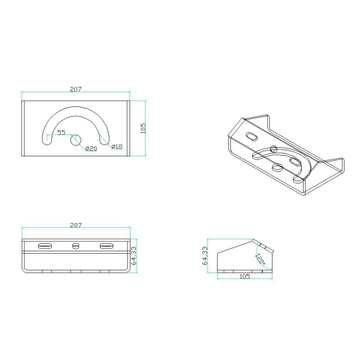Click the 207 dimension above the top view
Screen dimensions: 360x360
(x=76, y=90)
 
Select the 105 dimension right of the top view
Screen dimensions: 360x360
(x=144, y=128)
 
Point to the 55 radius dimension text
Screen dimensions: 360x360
(x=61, y=132)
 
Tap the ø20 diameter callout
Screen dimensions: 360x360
(x=91, y=149)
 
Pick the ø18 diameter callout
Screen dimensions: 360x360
(x=117, y=147)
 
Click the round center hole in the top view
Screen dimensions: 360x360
(x=76, y=140)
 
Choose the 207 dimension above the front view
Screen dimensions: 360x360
(x=76, y=226)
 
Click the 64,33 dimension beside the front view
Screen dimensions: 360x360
(x=134, y=256)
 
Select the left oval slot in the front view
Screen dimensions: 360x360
(x=45, y=246)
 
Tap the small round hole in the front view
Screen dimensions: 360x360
(x=76, y=246)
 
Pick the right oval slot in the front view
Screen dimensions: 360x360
(x=106, y=246)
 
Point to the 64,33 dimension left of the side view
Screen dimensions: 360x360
(x=205, y=256)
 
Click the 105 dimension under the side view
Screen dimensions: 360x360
(x=244, y=276)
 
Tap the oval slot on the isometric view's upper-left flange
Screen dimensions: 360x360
(x=252, y=136)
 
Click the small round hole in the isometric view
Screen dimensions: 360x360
(x=274, y=149)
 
